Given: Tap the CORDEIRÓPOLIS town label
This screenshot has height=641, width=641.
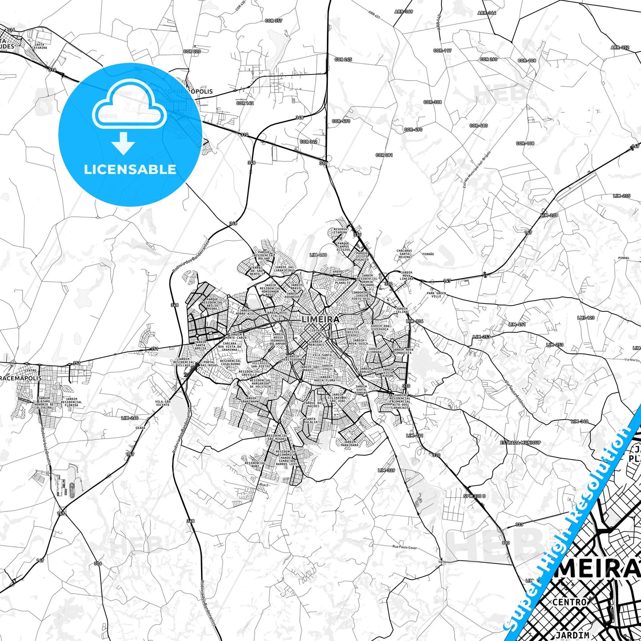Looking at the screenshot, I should tap(188, 91).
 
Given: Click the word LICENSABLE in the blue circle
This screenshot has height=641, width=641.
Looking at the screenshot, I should tap(130, 169).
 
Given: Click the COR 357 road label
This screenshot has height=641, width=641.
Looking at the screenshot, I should tap(274, 21).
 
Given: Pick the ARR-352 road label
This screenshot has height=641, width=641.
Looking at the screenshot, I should tap(620, 47).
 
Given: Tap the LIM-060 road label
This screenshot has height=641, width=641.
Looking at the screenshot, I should tap(318, 255).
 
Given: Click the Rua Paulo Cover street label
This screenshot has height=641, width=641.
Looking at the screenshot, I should tap(405, 548).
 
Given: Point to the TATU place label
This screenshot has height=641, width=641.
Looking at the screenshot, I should tap(442, 562).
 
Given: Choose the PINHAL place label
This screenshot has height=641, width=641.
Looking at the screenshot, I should tap(623, 258).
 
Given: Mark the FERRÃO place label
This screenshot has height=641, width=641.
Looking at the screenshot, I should tap(428, 254).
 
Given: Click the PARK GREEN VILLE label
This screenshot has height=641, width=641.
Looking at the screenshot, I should tap(437, 295).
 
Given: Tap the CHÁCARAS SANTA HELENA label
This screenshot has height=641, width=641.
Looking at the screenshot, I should tap(404, 254).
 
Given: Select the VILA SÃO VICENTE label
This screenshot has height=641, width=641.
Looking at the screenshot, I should tap(162, 403).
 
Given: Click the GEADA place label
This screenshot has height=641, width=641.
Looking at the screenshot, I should tap(140, 428).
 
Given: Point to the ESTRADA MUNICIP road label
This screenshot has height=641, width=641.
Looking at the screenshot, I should tap(520, 443).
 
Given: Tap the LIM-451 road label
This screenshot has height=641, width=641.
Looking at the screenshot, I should tap(517, 324).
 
